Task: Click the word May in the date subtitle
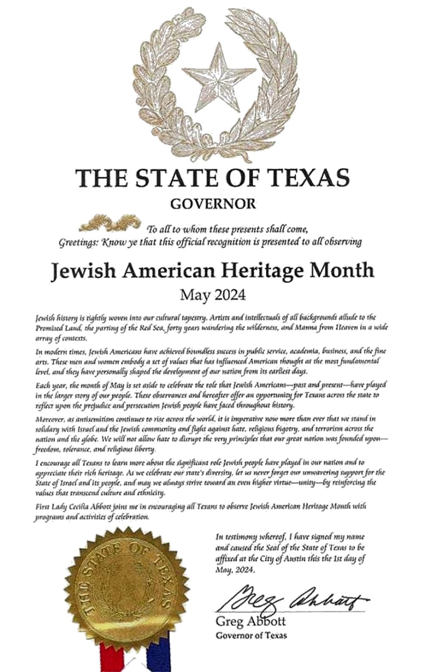[x=192, y=296]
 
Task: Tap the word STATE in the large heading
[x=169, y=178]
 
